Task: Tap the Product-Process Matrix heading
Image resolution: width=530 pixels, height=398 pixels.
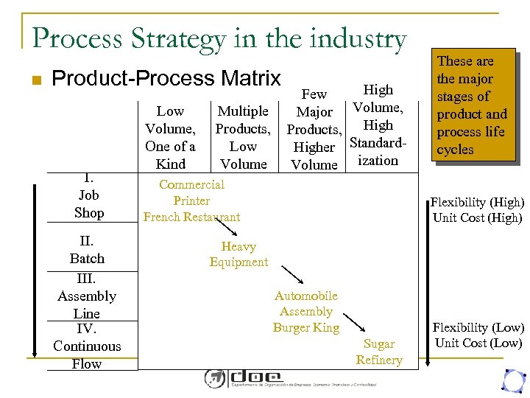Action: click(167, 78)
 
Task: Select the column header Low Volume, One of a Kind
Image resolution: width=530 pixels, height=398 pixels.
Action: click(170, 137)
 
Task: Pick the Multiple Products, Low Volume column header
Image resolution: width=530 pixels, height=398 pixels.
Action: click(243, 137)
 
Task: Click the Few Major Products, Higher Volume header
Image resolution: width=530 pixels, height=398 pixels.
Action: click(314, 129)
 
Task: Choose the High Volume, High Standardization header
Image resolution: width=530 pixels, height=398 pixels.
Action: click(378, 125)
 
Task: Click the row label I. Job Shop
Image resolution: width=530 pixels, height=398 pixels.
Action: click(89, 195)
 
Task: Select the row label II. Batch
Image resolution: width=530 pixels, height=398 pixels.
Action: click(87, 250)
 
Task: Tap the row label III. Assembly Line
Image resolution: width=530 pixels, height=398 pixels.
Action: click(87, 296)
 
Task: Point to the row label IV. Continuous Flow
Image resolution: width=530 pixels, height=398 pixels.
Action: click(87, 346)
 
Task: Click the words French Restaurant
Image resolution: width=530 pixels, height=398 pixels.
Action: click(191, 217)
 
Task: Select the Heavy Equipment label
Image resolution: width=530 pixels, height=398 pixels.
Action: click(239, 254)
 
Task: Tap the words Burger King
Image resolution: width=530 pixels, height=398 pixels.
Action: click(306, 327)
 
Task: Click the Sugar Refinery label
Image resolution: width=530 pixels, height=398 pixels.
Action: click(379, 352)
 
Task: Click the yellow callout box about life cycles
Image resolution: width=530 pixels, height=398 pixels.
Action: click(472, 105)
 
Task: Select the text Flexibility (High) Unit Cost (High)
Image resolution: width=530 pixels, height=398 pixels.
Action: click(477, 210)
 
